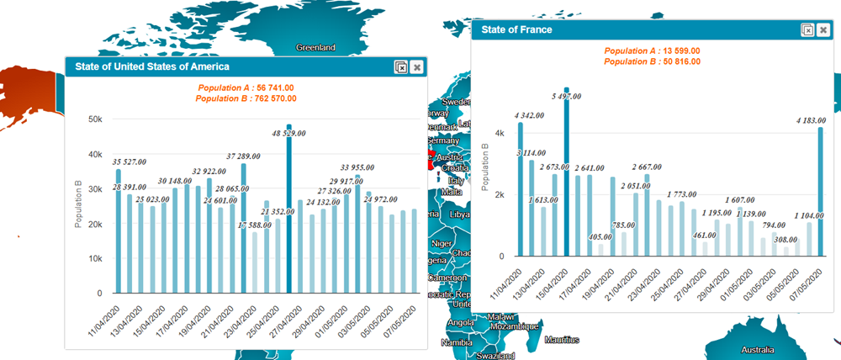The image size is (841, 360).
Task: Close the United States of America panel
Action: pyautogui.click(x=417, y=66)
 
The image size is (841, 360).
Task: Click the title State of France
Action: pyautogui.click(x=516, y=29)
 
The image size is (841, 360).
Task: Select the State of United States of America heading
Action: pyautogui.click(x=152, y=66)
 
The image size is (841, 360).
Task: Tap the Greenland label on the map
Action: pyautogui.click(x=315, y=48)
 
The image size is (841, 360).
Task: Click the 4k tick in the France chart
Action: pyautogui.click(x=499, y=134)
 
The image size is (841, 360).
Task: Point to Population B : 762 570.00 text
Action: pyautogui.click(x=246, y=98)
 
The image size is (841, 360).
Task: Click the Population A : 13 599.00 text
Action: pyautogui.click(x=652, y=51)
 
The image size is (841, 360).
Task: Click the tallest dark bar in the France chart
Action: pyautogui.click(x=567, y=172)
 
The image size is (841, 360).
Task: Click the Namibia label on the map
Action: pyautogui.click(x=457, y=342)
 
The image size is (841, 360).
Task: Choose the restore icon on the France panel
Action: pyautogui.click(x=807, y=29)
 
